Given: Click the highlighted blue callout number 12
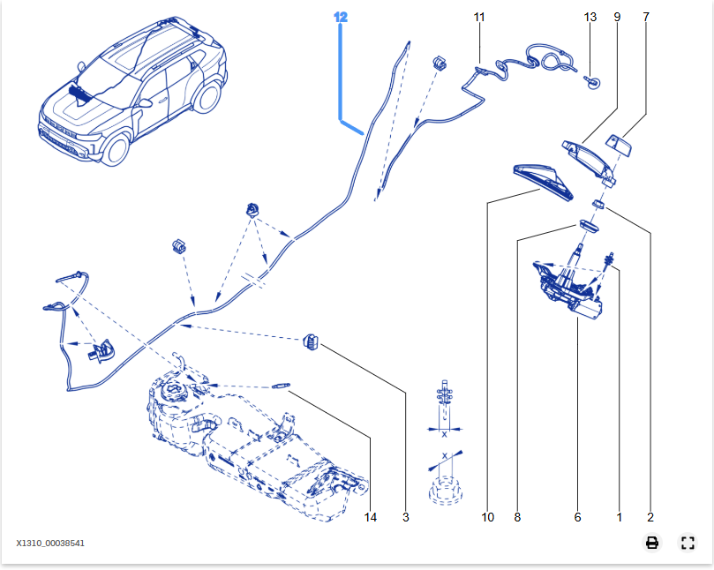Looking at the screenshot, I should [341, 17].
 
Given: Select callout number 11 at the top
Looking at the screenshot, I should [479, 17].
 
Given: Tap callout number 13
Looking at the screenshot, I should [590, 17].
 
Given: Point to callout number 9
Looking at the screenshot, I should [617, 17].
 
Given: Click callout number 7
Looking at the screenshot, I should [646, 17].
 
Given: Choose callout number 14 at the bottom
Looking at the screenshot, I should [371, 517].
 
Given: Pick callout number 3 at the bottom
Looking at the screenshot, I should [406, 517].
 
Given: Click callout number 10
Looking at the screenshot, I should [488, 517].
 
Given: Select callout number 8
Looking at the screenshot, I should [517, 517].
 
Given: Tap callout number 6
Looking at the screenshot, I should [578, 517].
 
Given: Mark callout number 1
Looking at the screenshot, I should [619, 517].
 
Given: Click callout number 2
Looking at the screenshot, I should [650, 517].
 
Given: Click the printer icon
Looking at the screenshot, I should [652, 543].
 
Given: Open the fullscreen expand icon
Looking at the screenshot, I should [688, 543].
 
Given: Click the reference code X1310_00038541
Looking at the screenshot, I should [50, 544].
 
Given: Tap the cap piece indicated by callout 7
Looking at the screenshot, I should [620, 144].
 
